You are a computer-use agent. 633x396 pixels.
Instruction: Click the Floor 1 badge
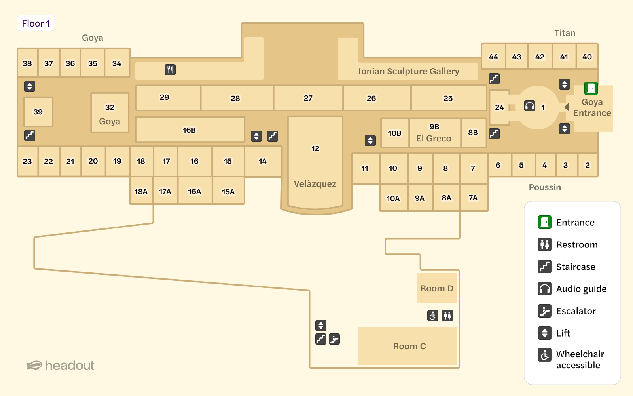[x=36, y=23]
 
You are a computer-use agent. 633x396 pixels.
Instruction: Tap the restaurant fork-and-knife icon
[x=170, y=70]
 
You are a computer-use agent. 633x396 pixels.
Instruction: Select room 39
[x=38, y=112]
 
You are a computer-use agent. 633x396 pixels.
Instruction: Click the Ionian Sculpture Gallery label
[x=409, y=71]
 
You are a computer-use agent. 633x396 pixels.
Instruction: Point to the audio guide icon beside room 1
[x=530, y=106]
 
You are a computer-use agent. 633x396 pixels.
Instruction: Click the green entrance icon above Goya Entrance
[x=591, y=88]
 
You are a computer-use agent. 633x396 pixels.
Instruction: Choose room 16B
[x=189, y=130]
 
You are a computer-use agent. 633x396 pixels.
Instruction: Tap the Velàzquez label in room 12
[x=315, y=184]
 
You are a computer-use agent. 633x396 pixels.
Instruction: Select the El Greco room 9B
[x=434, y=133]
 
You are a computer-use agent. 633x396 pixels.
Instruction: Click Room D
[x=437, y=288]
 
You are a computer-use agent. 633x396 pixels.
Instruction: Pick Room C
[x=409, y=346]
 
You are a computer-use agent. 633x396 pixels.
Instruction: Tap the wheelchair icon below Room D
[x=433, y=316]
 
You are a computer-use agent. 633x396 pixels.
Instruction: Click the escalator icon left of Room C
[x=334, y=339]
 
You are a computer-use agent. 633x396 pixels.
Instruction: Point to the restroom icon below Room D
[x=447, y=316]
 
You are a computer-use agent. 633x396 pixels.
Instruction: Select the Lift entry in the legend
[x=563, y=333]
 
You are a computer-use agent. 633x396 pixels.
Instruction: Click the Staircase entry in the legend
[x=575, y=267]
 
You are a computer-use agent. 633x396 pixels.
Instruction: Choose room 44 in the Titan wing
[x=493, y=57]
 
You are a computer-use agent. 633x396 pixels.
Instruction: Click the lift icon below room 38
[x=30, y=86]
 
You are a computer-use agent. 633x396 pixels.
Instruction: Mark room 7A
[x=473, y=198]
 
